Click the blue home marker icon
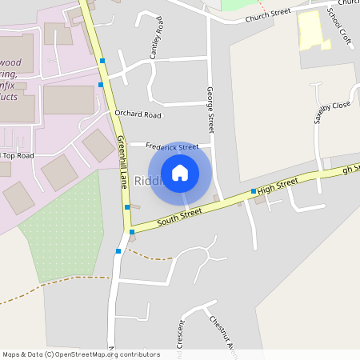[180, 172]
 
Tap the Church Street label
[268, 16]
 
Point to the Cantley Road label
[155, 40]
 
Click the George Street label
[210, 110]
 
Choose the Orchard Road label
[138, 114]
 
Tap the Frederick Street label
[172, 147]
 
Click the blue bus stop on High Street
[253, 191]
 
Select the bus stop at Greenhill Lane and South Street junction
[132, 232]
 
